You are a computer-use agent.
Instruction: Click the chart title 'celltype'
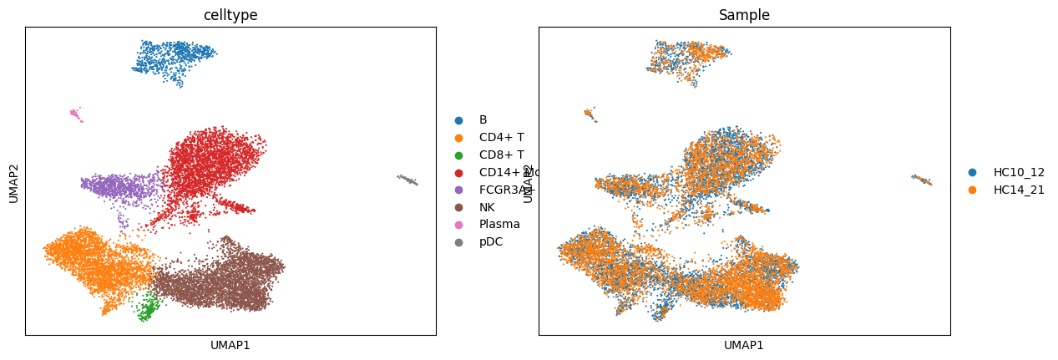230,15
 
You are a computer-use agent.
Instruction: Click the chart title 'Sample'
744,15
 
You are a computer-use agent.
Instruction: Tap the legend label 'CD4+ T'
501,138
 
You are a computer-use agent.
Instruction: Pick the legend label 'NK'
487,207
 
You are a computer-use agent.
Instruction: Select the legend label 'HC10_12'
1019,172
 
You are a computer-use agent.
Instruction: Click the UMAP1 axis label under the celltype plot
230,345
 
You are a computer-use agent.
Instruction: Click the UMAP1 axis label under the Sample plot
744,345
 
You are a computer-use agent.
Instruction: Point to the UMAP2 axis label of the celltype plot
14,181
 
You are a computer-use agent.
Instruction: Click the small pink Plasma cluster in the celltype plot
75,113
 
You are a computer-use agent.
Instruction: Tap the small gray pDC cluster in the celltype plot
408,180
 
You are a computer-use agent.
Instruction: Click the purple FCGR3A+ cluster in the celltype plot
117,186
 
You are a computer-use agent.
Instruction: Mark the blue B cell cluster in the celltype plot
173,58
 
